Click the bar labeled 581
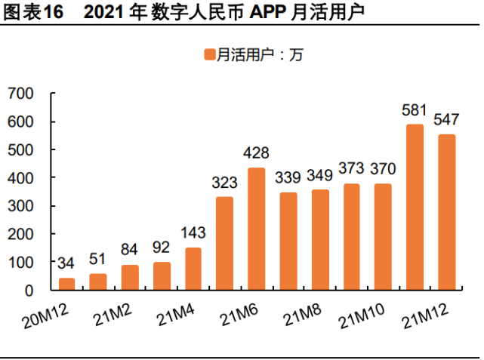(x=415, y=207)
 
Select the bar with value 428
(x=256, y=229)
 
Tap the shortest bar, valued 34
(x=66, y=284)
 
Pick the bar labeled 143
(x=193, y=269)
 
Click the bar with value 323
(x=225, y=243)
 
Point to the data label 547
(x=446, y=120)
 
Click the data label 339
(x=288, y=178)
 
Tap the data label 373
(x=351, y=169)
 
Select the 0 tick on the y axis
(x=29, y=291)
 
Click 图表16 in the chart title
(x=31, y=13)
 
